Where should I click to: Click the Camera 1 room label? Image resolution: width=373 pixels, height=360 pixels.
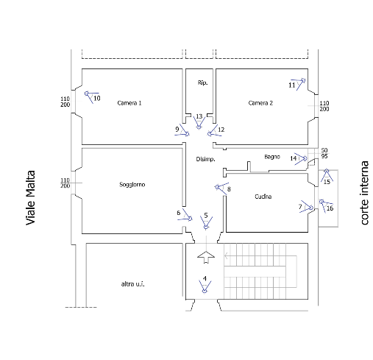[x=129, y=103]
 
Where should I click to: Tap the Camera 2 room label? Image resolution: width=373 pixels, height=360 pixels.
[x=260, y=103]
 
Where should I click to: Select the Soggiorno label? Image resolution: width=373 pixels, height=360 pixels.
[x=132, y=185]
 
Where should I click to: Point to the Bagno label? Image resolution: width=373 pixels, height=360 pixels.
[x=272, y=157]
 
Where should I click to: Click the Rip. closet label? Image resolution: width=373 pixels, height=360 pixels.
[x=202, y=82]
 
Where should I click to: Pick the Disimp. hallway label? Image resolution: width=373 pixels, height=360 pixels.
[x=205, y=159]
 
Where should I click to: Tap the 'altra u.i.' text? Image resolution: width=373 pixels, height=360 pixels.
[x=132, y=284]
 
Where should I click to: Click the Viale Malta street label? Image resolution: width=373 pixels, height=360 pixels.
[x=31, y=197]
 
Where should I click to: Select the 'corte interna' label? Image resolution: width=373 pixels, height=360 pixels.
[x=365, y=193]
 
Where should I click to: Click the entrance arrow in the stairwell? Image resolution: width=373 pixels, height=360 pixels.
[x=206, y=257]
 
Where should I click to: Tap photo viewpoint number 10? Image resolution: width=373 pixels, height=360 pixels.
[x=97, y=98]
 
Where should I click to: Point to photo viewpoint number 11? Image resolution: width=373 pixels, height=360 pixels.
[x=292, y=85]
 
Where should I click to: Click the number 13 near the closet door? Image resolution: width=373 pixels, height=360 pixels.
[x=199, y=116]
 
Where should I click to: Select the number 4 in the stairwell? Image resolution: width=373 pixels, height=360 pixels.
[x=205, y=278]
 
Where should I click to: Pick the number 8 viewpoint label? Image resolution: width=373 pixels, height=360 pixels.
[x=229, y=189]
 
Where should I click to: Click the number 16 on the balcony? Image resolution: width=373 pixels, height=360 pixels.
[x=330, y=208]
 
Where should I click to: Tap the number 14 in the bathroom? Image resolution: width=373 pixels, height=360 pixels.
[x=294, y=158]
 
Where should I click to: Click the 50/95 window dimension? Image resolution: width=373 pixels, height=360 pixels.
[x=324, y=153]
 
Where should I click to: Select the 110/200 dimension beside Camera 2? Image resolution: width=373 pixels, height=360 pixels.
[x=324, y=106]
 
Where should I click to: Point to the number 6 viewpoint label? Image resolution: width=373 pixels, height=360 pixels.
[x=179, y=213]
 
